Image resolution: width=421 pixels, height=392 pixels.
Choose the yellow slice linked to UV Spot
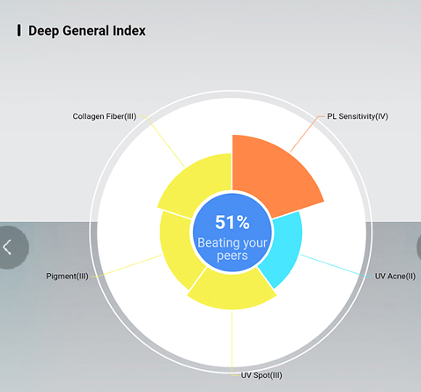tap(232, 290)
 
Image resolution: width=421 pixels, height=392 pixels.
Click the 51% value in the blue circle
tap(232, 222)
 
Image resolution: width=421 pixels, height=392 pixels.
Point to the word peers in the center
tap(232, 256)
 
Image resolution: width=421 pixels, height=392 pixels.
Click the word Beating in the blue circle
tap(217, 243)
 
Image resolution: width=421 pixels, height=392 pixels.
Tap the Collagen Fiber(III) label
tap(105, 117)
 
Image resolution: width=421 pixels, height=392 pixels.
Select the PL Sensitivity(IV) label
tap(357, 117)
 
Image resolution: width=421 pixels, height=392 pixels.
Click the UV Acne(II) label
tap(395, 276)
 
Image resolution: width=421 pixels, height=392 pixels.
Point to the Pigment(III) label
tap(67, 276)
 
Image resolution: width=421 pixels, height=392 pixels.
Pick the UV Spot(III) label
tap(261, 375)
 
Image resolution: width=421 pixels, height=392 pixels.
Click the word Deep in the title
tap(44, 31)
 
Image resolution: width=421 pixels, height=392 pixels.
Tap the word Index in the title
tap(129, 30)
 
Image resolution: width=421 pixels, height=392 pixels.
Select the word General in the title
tap(86, 30)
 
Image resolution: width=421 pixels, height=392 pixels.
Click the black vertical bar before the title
tap(19, 30)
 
